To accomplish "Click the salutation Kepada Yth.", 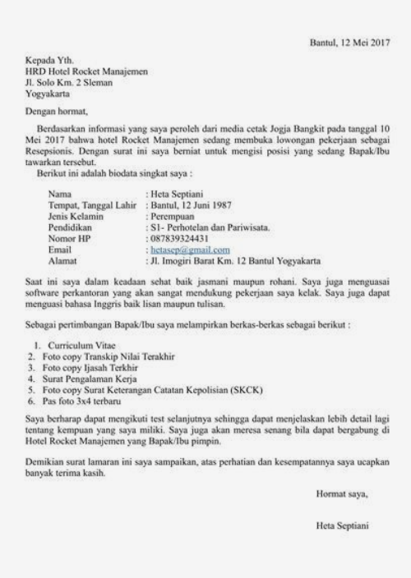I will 47,61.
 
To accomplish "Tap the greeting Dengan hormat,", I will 55,111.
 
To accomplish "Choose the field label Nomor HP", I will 69,238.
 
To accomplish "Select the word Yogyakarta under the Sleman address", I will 49,93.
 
